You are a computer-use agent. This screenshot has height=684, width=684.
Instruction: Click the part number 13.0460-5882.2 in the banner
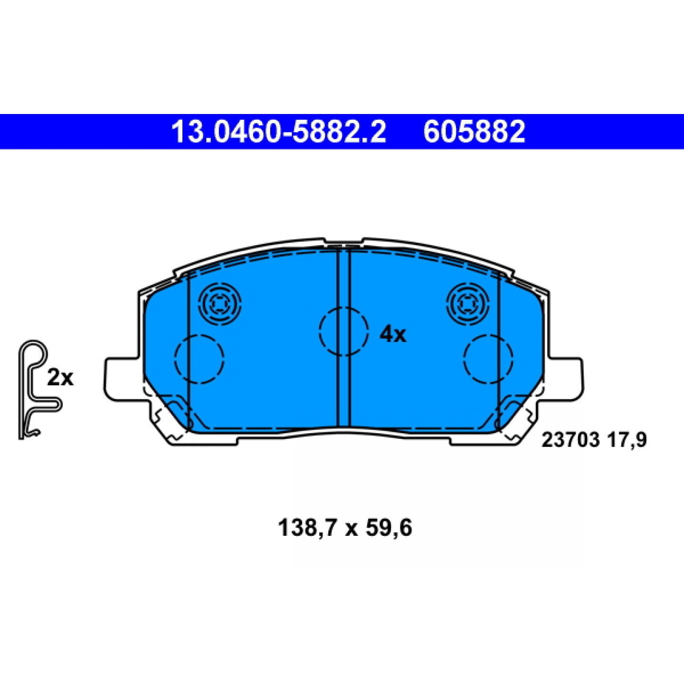(279, 132)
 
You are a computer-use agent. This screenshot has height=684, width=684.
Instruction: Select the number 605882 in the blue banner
(474, 132)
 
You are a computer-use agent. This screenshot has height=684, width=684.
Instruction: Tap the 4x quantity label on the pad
(392, 335)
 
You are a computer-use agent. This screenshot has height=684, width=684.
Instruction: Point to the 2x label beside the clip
(60, 377)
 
